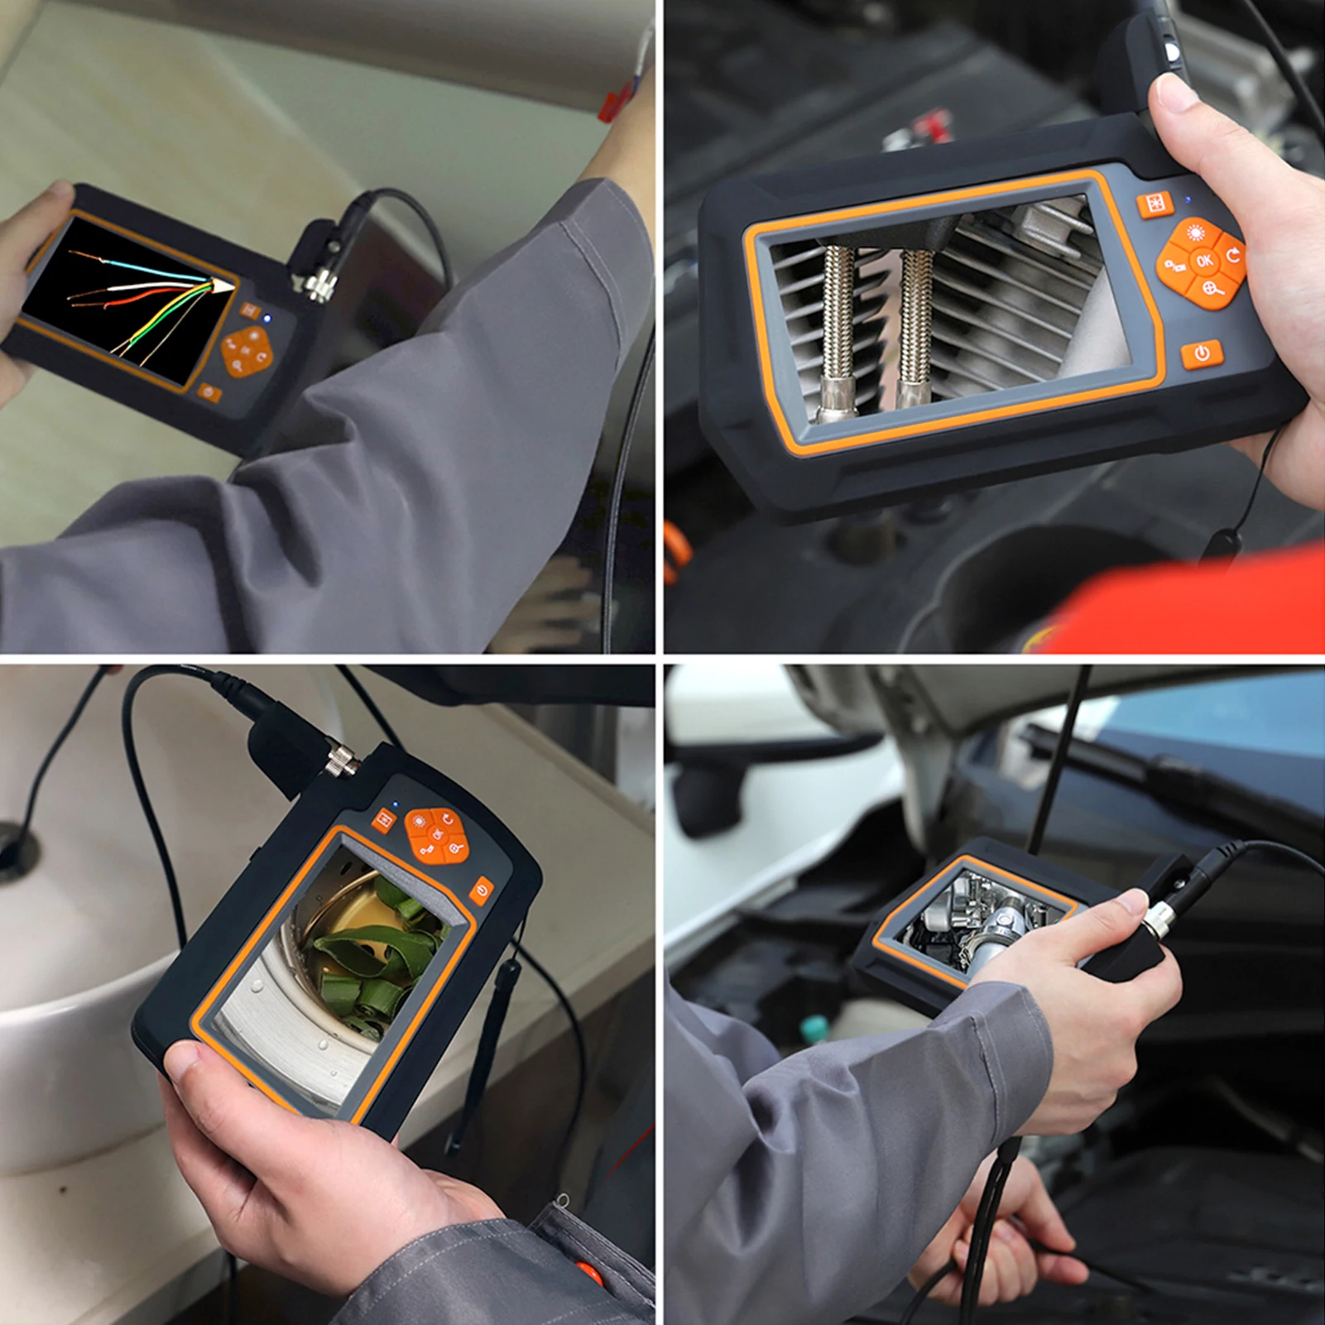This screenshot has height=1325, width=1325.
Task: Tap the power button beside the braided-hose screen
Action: (x=1202, y=353)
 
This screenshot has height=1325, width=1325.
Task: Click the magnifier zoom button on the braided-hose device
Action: (x=1213, y=289)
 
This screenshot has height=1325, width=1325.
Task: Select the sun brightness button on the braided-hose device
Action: (x=1195, y=233)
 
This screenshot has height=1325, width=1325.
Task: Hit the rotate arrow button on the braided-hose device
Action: (x=1233, y=256)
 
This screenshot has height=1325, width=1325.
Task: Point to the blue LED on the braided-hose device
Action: (x=1188, y=199)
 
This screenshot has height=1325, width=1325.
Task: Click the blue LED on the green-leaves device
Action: (x=396, y=803)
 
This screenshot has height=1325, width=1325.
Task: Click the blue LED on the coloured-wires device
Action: (x=266, y=318)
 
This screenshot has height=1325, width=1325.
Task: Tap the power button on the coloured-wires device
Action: (x=209, y=391)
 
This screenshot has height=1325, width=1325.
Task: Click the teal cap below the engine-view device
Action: (x=812, y=1030)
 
